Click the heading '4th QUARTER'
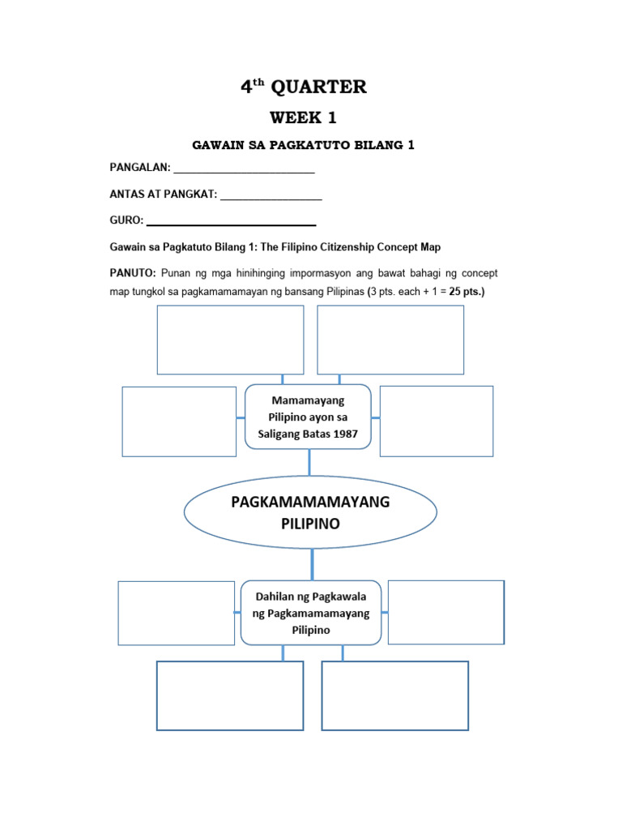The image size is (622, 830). (x=304, y=88)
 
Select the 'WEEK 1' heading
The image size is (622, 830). (x=303, y=118)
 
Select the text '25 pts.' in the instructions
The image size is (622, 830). (x=465, y=292)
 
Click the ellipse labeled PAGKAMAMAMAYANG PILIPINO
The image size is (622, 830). (x=310, y=512)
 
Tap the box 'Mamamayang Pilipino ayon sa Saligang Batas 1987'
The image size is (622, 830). (x=308, y=417)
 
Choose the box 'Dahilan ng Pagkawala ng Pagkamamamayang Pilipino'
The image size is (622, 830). (x=312, y=613)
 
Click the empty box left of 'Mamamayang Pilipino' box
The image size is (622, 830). (x=179, y=421)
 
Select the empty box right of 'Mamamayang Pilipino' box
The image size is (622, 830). (x=436, y=421)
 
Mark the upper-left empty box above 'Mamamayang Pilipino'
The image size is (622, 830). (x=230, y=340)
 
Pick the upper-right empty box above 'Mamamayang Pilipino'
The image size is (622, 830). (x=390, y=340)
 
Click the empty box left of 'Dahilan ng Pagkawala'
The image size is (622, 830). (x=176, y=613)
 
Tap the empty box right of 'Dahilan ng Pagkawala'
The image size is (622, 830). (x=445, y=612)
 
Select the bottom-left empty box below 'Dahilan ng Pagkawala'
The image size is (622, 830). (x=230, y=695)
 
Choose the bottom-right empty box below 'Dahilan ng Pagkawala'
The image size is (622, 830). (x=395, y=695)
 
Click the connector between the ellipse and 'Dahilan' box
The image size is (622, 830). (x=312, y=564)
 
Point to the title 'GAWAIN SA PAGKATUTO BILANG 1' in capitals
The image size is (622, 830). (x=303, y=145)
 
